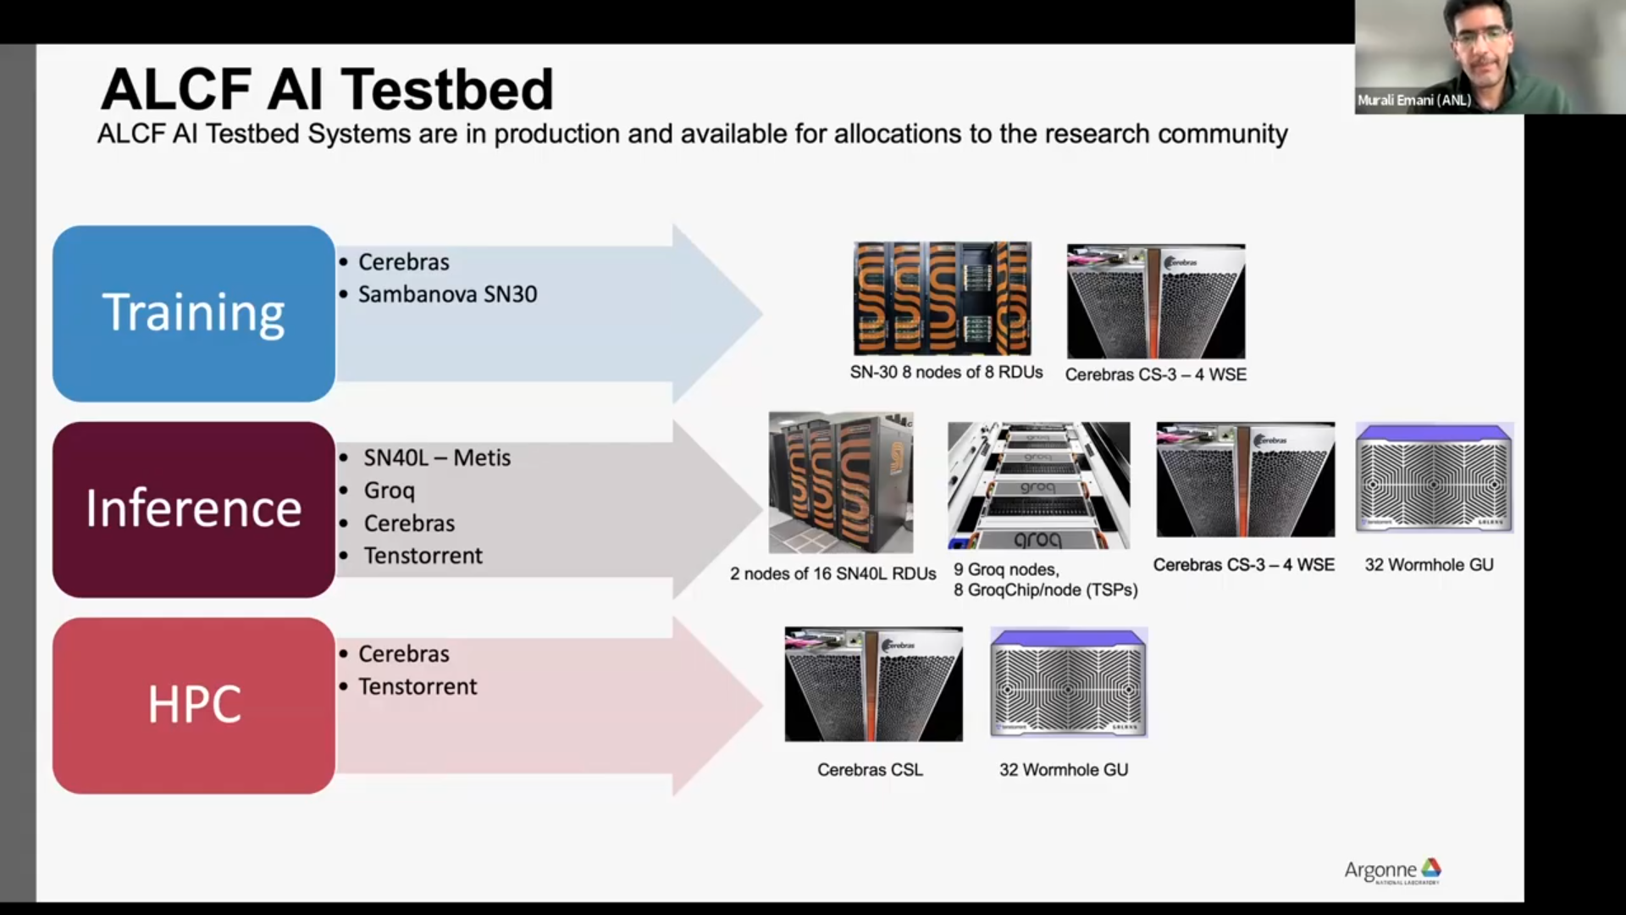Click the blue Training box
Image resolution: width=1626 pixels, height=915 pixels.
[x=194, y=313]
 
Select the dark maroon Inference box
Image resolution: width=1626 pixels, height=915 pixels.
[x=194, y=509]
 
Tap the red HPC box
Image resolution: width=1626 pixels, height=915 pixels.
[x=194, y=705]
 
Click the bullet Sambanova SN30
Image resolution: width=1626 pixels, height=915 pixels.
[x=447, y=294]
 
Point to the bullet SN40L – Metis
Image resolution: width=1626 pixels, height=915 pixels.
[x=437, y=457]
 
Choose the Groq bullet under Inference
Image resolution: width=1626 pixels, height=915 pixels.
[x=389, y=491]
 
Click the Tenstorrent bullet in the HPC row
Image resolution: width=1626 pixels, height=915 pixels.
[x=418, y=686]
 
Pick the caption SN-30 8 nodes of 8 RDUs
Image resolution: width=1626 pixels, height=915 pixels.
[x=946, y=372]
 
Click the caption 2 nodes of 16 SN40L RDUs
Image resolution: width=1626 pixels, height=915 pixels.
[x=832, y=574]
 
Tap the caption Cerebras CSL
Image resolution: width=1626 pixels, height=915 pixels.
[x=870, y=769]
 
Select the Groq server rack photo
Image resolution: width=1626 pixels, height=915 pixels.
[x=1038, y=485]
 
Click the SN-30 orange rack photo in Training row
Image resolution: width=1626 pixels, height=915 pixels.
[x=942, y=298]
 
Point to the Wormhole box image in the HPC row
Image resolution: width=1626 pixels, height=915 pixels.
[x=1069, y=683]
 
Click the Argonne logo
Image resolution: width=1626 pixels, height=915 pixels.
[x=1392, y=870]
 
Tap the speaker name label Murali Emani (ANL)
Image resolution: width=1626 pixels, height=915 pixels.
[x=1413, y=100]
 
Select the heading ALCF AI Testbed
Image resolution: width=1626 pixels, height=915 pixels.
[x=327, y=89]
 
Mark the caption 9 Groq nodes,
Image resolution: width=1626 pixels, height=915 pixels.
[x=1006, y=569]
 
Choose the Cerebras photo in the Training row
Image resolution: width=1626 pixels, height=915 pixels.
[x=1156, y=302]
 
